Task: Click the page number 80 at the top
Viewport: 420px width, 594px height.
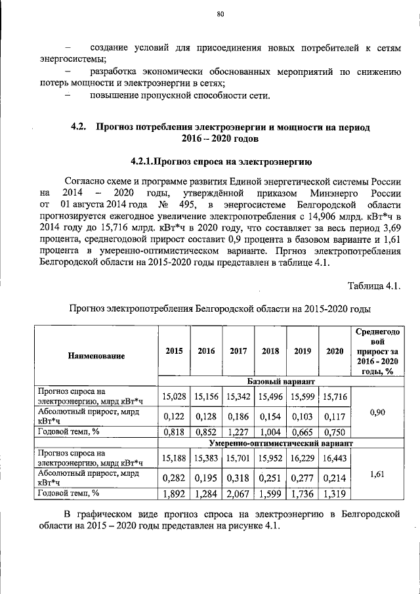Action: coord(220,14)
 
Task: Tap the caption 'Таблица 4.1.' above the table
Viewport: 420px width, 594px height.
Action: coord(372,284)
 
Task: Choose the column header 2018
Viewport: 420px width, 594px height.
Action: coord(270,351)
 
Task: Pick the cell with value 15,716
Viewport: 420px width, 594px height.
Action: coord(335,396)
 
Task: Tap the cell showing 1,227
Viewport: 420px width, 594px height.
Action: coord(238,432)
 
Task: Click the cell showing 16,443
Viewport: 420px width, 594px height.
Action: coord(335,458)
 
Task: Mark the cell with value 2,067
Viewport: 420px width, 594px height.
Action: coord(238,494)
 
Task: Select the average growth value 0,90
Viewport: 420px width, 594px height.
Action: coord(377,412)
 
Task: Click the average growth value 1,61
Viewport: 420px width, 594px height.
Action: coord(377,473)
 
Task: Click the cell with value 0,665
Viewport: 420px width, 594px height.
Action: coord(302,432)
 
